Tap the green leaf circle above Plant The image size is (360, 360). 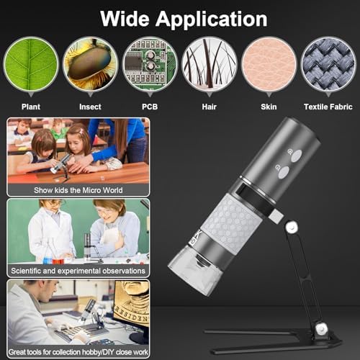(31, 66)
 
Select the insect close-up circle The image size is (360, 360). (90, 66)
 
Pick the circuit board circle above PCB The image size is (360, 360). (150, 66)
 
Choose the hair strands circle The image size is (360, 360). (210, 66)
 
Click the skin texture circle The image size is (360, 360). (269, 66)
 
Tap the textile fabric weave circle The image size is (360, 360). (328, 66)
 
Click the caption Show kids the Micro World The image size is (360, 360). (78, 191)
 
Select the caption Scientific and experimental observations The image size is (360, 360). (78, 271)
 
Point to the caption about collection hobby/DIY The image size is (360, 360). (78, 351)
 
